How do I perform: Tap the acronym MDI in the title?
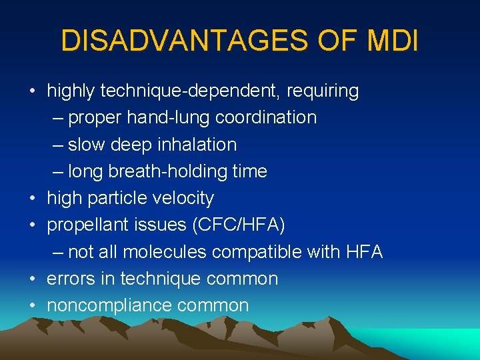pyautogui.click(x=393, y=41)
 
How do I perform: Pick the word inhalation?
pyautogui.click(x=197, y=145)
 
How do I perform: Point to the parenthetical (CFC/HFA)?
pyautogui.click(x=238, y=225)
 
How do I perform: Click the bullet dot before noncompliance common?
pyautogui.click(x=33, y=306)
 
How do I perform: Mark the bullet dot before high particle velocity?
pyautogui.click(x=33, y=198)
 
